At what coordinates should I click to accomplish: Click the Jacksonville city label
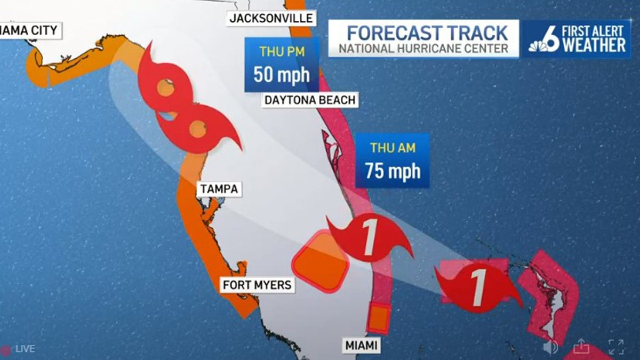point(270,18)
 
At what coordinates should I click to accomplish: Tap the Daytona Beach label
point(309,100)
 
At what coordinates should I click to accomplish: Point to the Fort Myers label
point(257,285)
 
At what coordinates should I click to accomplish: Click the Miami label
point(361,346)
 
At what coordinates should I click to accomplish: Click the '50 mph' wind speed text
point(281,74)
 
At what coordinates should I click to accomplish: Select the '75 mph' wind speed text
point(393,171)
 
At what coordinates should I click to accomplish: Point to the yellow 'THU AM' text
point(393,148)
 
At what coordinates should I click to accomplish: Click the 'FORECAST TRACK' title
point(427,33)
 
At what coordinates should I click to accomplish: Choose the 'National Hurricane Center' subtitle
point(424,49)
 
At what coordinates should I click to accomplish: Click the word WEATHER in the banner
point(593,45)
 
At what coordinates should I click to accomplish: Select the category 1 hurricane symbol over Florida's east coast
point(369,237)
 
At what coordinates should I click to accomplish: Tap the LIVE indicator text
point(25,349)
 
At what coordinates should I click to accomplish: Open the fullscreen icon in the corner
point(616,347)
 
